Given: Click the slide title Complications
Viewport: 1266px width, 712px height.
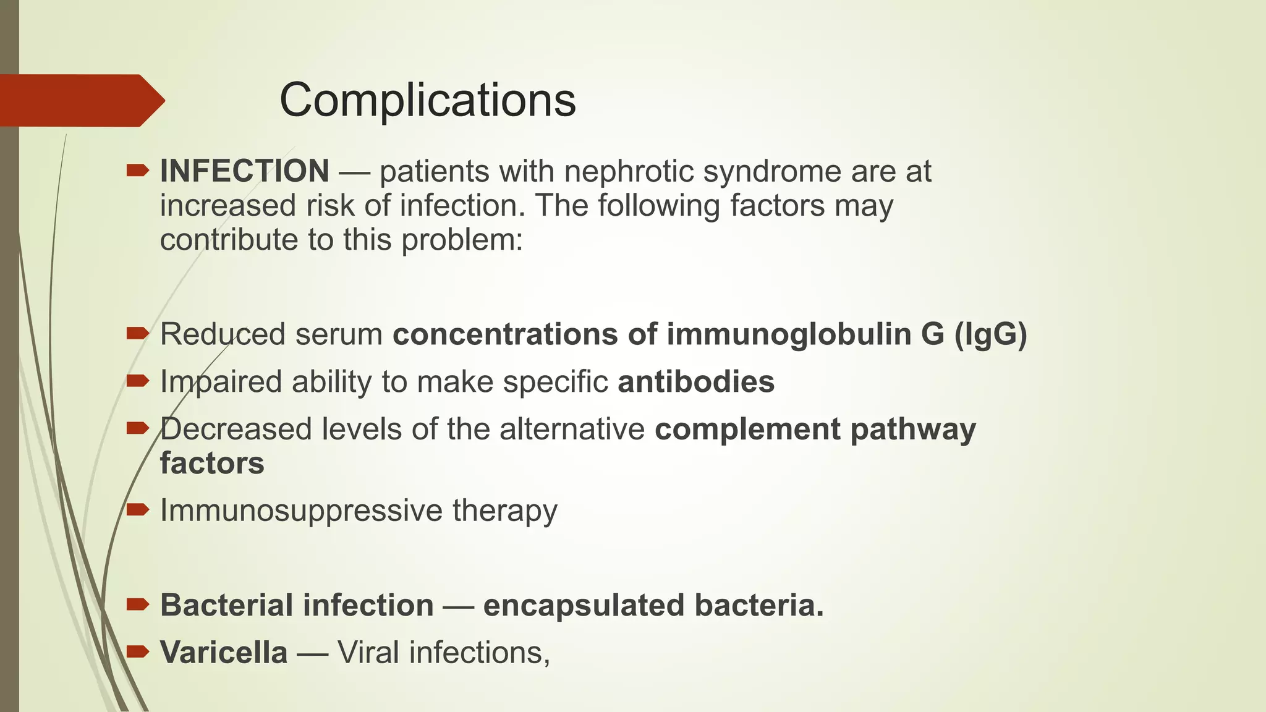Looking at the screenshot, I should [x=427, y=100].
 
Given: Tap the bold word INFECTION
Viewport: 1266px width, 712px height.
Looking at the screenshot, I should [x=244, y=171].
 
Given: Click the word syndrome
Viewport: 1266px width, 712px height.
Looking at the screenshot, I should [x=772, y=171].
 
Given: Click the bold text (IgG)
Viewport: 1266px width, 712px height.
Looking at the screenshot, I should [x=990, y=334].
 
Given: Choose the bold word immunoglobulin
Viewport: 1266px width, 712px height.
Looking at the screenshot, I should [x=788, y=334].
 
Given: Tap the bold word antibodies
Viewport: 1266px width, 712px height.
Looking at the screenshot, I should [x=695, y=381].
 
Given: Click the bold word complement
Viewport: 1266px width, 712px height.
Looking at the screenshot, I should [x=747, y=429].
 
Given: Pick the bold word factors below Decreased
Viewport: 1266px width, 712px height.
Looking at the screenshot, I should [x=212, y=463].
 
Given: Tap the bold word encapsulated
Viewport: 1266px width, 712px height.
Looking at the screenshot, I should [x=584, y=605].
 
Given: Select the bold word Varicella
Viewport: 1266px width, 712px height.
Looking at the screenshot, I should [x=224, y=653].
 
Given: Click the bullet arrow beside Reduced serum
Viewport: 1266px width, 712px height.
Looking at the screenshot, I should [x=137, y=334].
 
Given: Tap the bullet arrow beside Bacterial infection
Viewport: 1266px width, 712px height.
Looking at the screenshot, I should [x=137, y=604].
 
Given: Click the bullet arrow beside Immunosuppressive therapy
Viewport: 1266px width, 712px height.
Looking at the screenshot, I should [x=137, y=510].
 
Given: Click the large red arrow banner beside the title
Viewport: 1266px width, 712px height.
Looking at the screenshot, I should [x=80, y=101].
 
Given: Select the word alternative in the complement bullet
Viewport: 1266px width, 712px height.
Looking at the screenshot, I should [x=572, y=429].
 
